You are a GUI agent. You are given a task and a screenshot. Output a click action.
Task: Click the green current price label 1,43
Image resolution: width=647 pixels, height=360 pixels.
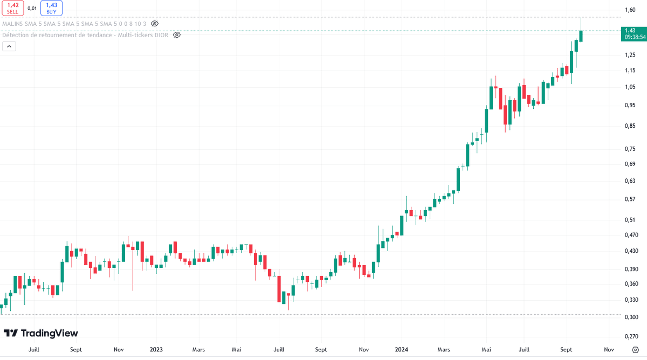click(x=634, y=34)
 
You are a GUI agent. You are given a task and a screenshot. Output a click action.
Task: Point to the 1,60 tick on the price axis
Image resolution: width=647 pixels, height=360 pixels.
click(x=630, y=10)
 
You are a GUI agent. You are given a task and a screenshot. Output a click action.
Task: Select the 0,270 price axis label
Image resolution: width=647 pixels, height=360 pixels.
click(x=631, y=336)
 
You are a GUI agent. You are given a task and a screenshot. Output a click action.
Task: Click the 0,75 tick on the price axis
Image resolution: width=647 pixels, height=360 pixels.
click(x=630, y=149)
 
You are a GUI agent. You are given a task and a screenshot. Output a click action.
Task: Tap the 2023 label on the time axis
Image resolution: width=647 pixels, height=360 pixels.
click(x=156, y=350)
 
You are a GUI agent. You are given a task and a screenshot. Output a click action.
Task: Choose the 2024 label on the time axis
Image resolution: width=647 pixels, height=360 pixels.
click(x=401, y=350)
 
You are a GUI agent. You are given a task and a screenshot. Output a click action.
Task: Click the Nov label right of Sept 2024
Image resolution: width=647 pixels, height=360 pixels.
click(x=609, y=350)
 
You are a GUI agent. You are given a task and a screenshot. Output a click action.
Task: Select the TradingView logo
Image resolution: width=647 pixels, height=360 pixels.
click(x=41, y=333)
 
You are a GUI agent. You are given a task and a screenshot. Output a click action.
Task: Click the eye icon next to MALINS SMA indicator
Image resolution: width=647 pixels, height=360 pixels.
click(x=155, y=24)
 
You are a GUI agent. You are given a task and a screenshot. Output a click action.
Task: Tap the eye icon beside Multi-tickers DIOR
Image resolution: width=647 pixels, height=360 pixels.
click(x=176, y=35)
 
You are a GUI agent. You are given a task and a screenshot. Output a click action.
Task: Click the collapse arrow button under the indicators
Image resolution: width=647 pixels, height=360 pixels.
click(x=9, y=46)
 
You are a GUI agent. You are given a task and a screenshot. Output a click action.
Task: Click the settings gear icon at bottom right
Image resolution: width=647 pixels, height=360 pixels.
click(x=636, y=350)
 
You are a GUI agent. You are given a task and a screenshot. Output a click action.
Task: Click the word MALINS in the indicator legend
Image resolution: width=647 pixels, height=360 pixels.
click(x=12, y=24)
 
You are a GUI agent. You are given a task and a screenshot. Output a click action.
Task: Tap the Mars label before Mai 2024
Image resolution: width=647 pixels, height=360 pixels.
click(x=444, y=350)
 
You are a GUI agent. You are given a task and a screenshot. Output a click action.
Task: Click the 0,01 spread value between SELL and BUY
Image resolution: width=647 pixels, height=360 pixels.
click(x=32, y=9)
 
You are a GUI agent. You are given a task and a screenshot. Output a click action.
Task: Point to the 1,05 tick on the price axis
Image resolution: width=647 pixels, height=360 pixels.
click(x=630, y=87)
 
